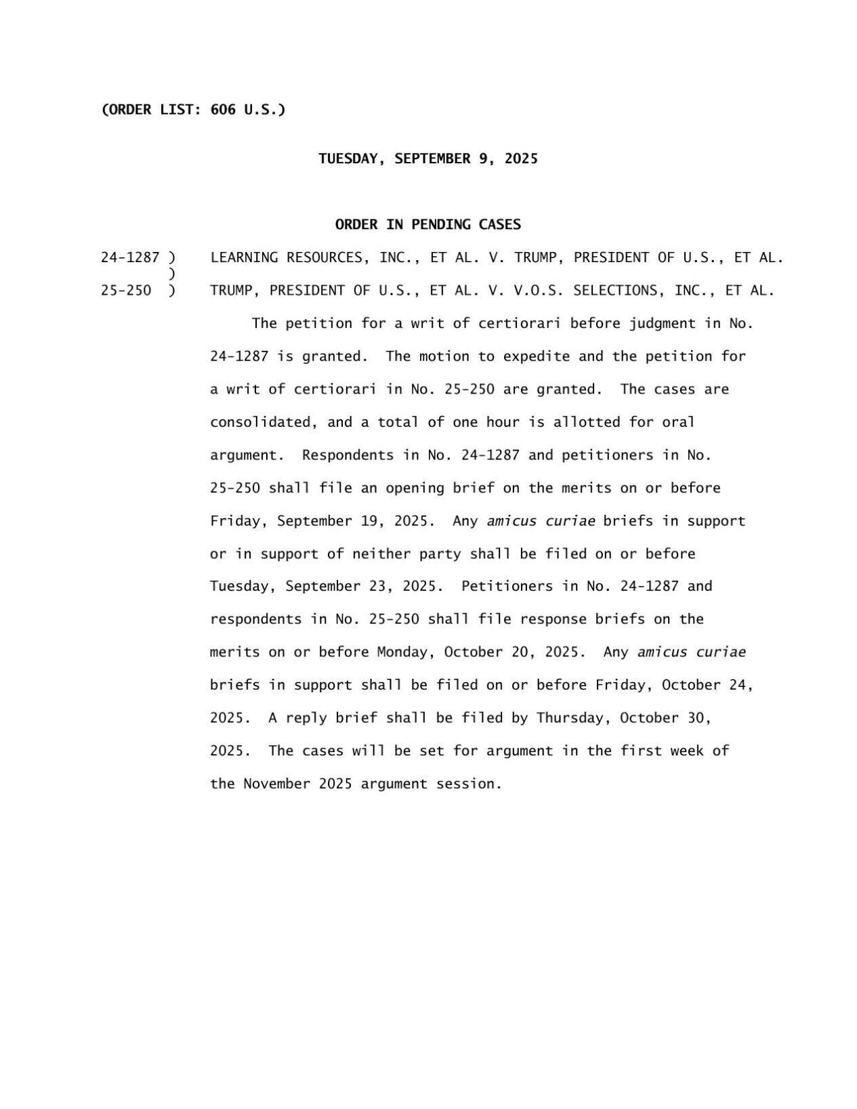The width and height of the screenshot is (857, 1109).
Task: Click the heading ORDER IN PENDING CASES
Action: [x=427, y=224]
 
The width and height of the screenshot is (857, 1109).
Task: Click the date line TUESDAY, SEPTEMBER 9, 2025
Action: [x=427, y=159]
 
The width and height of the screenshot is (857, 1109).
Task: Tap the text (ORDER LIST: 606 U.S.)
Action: [x=193, y=110]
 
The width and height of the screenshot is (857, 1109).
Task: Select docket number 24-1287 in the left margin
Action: [x=130, y=257]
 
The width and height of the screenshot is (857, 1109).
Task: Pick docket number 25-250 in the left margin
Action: [x=126, y=291]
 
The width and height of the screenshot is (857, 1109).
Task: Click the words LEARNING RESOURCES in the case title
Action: [x=286, y=257]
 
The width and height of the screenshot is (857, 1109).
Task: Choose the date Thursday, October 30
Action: [x=623, y=717]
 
